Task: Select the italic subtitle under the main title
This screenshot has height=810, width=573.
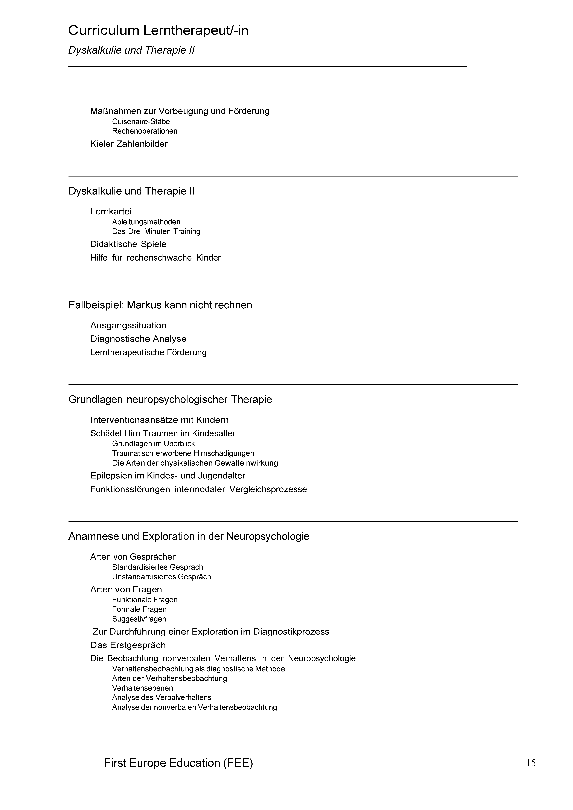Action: (131, 50)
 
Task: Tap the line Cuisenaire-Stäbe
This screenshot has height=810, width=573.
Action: (141, 122)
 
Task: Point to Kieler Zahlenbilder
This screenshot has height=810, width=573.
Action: (129, 144)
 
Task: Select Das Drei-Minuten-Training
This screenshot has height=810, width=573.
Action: (156, 232)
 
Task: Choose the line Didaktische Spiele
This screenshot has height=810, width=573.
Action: (128, 244)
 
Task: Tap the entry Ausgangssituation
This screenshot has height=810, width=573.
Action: (128, 325)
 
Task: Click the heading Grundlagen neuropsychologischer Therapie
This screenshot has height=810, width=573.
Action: (170, 400)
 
